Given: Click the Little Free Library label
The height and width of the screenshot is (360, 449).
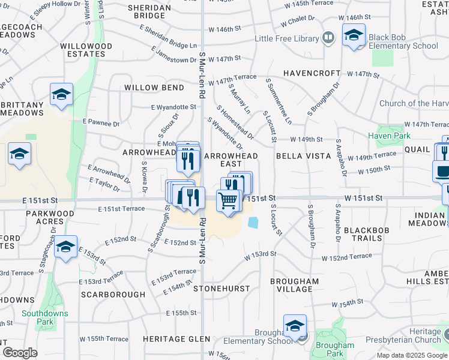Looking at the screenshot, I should (x=286, y=39).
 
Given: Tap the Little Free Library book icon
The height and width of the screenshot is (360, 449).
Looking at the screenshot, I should (x=328, y=39).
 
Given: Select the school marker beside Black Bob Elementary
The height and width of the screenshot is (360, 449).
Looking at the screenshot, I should (x=354, y=35).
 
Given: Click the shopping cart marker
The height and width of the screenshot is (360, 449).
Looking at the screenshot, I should (x=228, y=202).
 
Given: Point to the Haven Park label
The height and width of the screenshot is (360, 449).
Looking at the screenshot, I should (x=393, y=136).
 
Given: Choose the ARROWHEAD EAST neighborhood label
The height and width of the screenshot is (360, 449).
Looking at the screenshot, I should (x=232, y=160).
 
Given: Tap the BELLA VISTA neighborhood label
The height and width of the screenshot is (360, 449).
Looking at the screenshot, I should (x=304, y=156).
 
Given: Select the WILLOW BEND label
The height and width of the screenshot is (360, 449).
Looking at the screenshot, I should (x=154, y=88).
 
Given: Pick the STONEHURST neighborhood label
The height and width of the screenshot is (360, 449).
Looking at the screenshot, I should (x=221, y=289).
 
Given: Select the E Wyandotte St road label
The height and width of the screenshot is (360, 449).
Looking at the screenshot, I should (x=173, y=107).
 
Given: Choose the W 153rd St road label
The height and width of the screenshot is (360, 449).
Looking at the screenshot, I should (x=260, y=254).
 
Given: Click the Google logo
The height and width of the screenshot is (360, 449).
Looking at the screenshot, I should (x=20, y=353).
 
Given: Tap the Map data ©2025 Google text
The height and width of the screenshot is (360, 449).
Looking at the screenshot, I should (x=411, y=355).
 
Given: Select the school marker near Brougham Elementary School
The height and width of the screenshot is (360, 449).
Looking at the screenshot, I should (x=295, y=326).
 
